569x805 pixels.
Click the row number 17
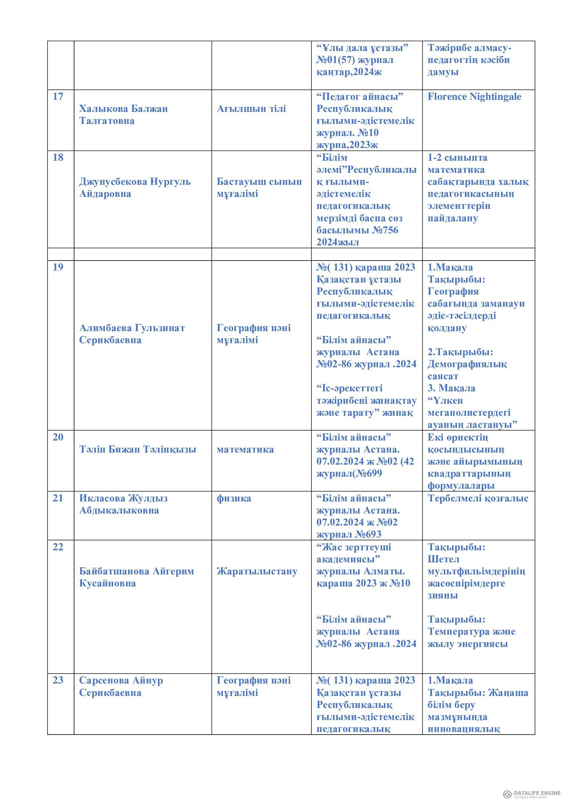click(x=58, y=96)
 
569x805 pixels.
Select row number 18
click(x=58, y=157)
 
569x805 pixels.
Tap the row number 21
click(x=58, y=498)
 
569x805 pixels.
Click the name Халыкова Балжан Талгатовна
click(x=124, y=115)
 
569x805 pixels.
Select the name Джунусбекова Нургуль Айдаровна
click(x=135, y=188)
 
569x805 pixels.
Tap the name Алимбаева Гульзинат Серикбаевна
click(x=132, y=334)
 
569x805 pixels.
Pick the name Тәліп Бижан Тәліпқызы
click(x=137, y=449)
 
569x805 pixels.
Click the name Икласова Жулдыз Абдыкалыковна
click(x=124, y=504)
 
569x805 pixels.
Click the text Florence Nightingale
click(x=474, y=96)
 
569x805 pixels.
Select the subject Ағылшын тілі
click(x=251, y=109)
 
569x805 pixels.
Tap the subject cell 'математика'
click(x=245, y=449)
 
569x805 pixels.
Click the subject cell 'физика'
click(x=234, y=498)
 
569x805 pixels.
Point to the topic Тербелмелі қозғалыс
click(x=478, y=498)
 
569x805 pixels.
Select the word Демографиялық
click(x=467, y=364)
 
